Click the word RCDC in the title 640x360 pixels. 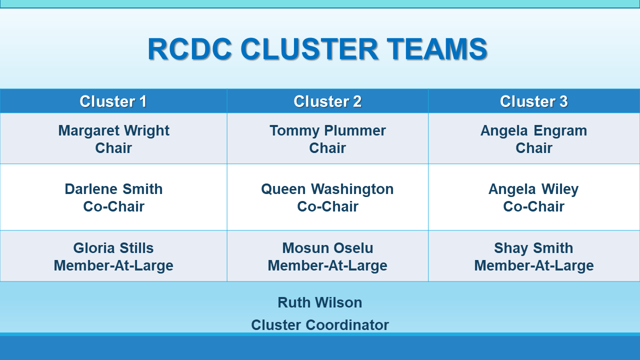click(x=189, y=49)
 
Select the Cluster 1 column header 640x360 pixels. click(x=113, y=101)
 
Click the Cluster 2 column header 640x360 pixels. click(x=327, y=101)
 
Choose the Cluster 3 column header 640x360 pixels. click(x=533, y=101)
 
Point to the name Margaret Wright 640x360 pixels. click(x=113, y=131)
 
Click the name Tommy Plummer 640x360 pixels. click(x=327, y=131)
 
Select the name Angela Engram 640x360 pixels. click(x=533, y=131)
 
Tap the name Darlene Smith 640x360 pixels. click(x=113, y=189)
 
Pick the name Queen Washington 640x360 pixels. click(x=327, y=189)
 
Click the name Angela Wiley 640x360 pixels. click(x=533, y=189)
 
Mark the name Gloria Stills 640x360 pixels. click(x=113, y=247)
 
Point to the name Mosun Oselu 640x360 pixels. click(x=327, y=247)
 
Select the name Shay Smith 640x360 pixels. click(x=533, y=248)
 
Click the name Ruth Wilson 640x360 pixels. click(x=320, y=302)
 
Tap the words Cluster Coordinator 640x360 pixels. click(x=320, y=325)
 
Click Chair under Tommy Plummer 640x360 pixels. click(x=327, y=148)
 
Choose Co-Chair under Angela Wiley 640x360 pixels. click(x=533, y=206)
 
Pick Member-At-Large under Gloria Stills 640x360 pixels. click(x=113, y=265)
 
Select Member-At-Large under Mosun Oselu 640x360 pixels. click(x=327, y=265)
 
